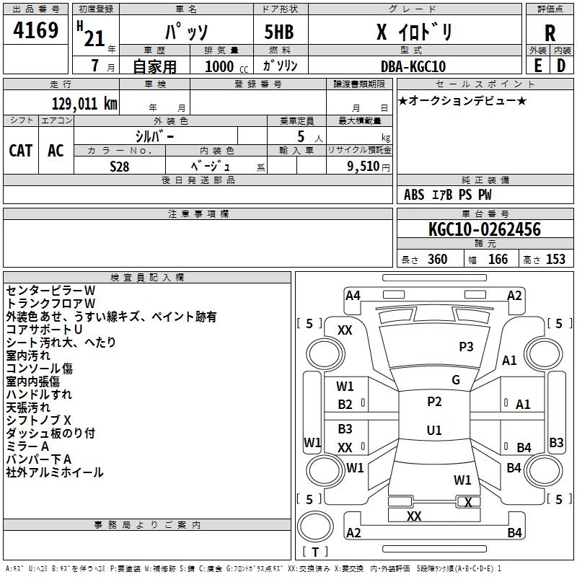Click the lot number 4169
[35, 30]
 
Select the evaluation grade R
[550, 33]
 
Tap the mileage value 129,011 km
[84, 104]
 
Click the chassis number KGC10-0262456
[485, 229]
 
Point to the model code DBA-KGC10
[413, 66]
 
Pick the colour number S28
[120, 167]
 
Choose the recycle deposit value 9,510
[364, 167]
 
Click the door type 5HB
[279, 32]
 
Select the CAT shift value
[21, 151]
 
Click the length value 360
[437, 259]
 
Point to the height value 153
[555, 259]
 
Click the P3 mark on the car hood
[466, 346]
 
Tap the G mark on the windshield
[456, 379]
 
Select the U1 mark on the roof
[434, 430]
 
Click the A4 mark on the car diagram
[353, 296]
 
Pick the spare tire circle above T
[315, 527]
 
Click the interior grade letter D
[561, 66]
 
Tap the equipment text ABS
[414, 195]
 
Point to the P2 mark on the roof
[434, 402]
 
